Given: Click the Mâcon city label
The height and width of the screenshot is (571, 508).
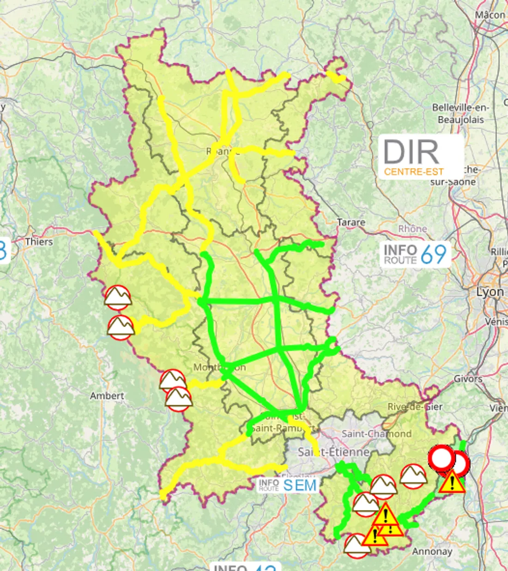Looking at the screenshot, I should [490, 15].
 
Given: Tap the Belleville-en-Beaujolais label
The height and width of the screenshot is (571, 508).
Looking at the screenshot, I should [460, 113].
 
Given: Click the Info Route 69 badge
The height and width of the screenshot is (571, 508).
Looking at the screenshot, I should [415, 254].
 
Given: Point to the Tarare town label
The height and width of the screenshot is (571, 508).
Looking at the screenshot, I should [351, 222].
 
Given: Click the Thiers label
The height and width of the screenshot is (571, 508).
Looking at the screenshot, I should [39, 242].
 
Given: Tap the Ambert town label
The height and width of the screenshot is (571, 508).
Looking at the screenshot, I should [107, 396].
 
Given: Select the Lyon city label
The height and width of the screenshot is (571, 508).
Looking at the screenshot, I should [490, 292].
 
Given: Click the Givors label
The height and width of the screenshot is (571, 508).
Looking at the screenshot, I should [468, 378].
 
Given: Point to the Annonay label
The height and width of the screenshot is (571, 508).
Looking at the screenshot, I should [432, 552].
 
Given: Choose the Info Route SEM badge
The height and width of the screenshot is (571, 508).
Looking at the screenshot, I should [287, 485].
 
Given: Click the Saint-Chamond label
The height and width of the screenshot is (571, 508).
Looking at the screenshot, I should [376, 434].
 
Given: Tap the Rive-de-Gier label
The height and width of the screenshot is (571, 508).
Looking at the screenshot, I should [415, 407].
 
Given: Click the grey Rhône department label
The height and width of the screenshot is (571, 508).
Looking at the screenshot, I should [412, 229].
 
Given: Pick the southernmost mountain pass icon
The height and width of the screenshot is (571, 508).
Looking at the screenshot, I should [357, 546].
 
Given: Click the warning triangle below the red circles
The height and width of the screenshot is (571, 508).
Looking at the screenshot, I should [452, 483].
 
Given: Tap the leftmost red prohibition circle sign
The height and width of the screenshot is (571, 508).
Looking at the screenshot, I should [441, 458].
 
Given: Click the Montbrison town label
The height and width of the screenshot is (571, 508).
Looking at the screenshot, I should [219, 368].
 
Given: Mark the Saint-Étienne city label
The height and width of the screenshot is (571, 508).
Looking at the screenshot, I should [333, 451].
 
